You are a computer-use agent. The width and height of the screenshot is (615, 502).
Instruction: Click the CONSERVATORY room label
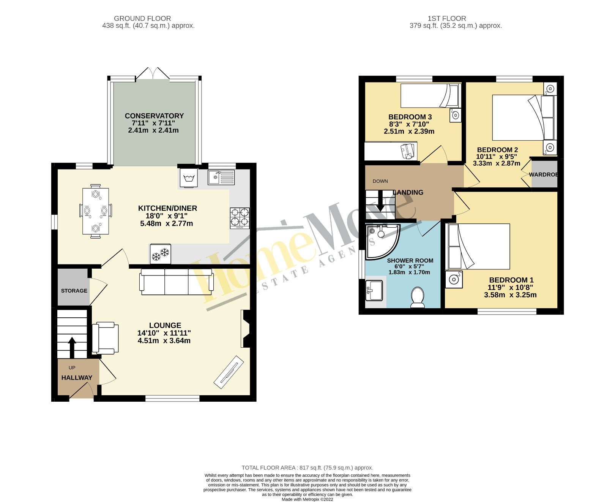click(x=154, y=116)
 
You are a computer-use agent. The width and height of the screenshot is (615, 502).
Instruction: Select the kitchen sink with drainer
click(x=221, y=177)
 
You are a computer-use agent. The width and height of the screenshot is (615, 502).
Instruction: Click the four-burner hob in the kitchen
click(x=240, y=218)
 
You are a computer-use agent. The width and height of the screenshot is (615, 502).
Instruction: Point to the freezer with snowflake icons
click(x=160, y=254)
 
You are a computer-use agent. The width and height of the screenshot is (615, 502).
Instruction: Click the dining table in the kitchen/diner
click(x=96, y=211)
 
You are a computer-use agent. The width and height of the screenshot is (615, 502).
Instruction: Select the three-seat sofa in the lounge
click(x=177, y=282)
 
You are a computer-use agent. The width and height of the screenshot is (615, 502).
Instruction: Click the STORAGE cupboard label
click(x=74, y=291)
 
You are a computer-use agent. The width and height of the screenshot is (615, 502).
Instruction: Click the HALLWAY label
click(x=77, y=378)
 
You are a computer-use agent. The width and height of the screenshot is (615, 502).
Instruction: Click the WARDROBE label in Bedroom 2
click(x=543, y=175)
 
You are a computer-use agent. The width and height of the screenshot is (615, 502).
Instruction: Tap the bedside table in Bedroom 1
click(x=454, y=280)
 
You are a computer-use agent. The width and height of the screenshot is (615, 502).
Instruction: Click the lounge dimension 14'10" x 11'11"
click(x=164, y=333)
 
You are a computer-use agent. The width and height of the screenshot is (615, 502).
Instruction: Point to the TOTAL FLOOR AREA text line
click(x=307, y=468)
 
